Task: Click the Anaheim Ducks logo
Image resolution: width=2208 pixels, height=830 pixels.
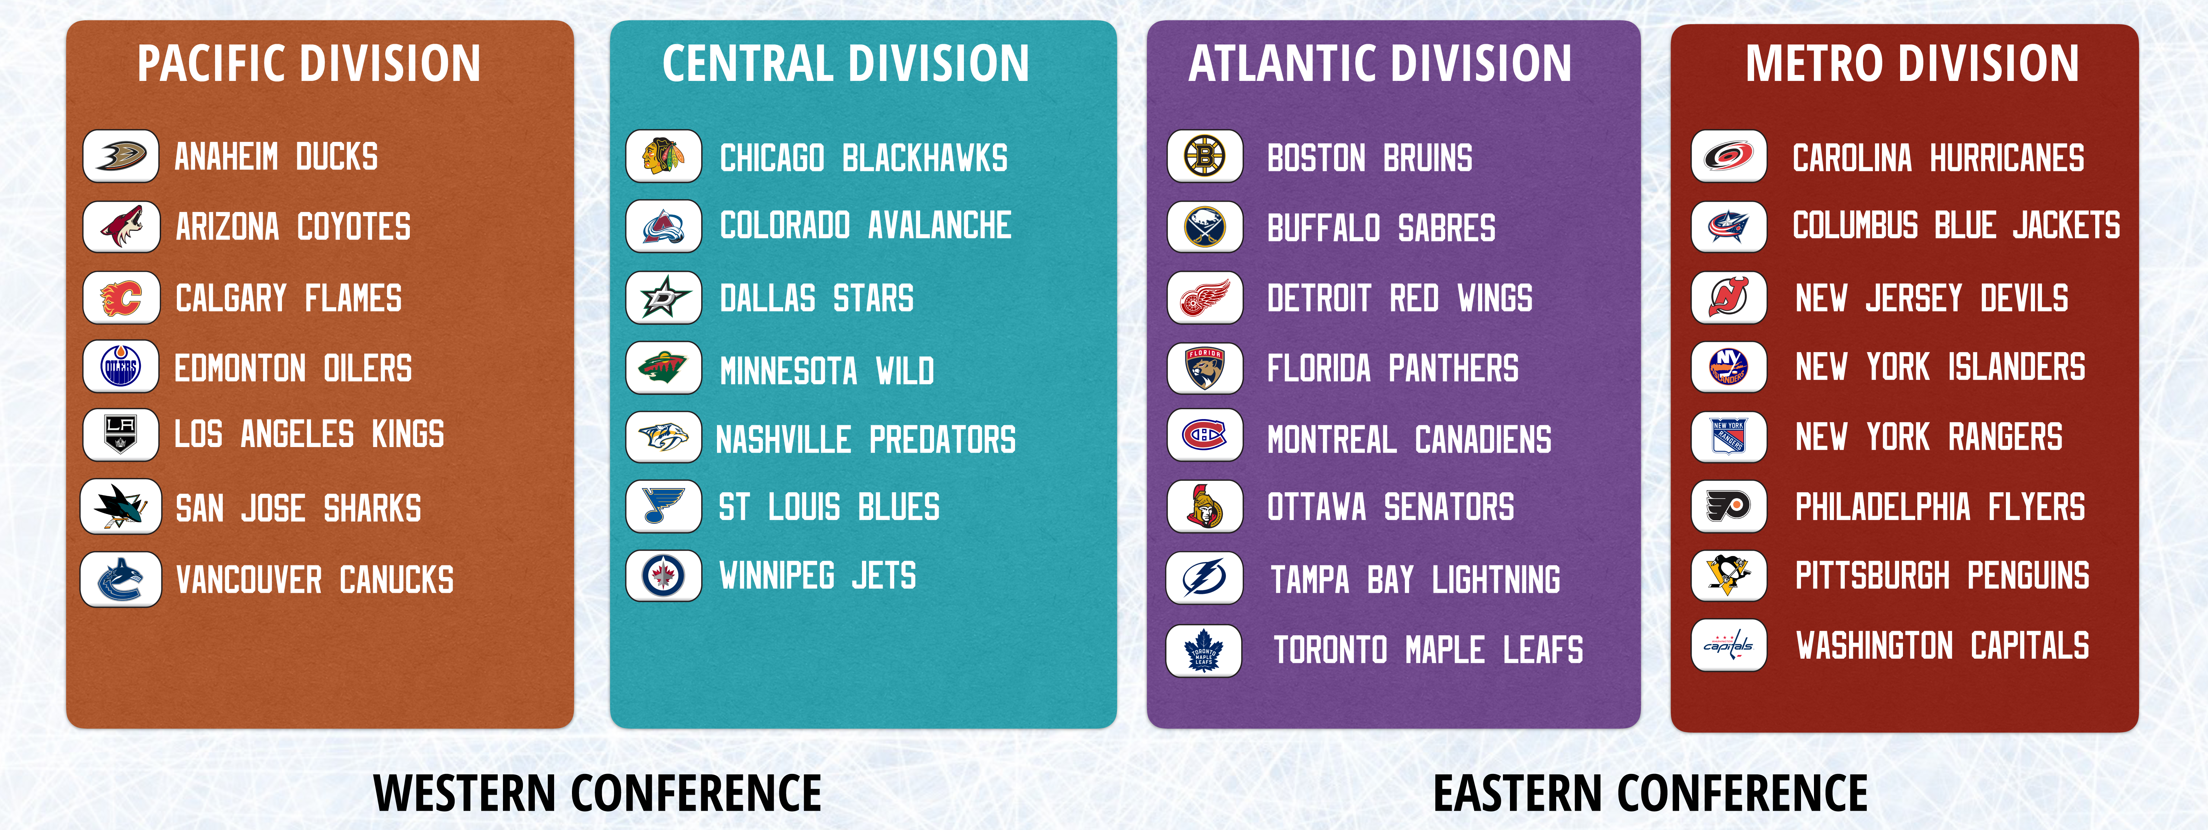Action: pyautogui.click(x=121, y=156)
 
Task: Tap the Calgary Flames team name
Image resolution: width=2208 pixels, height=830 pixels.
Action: pyautogui.click(x=289, y=299)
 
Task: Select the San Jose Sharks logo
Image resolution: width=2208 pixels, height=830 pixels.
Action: pyautogui.click(x=121, y=507)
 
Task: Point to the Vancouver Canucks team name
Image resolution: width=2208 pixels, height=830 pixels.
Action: pyautogui.click(x=315, y=579)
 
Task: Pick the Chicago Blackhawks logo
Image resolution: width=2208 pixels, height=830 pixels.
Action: pyautogui.click(x=663, y=156)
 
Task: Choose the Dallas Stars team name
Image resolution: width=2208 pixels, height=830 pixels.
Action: pyautogui.click(x=817, y=299)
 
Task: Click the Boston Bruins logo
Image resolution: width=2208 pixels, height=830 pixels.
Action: pyautogui.click(x=1205, y=156)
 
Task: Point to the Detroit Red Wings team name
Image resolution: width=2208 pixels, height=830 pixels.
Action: pyautogui.click(x=1400, y=299)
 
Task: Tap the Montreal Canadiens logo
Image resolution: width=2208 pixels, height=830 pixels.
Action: pyautogui.click(x=1205, y=435)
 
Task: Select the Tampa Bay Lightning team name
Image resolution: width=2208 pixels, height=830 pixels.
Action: pyautogui.click(x=1415, y=579)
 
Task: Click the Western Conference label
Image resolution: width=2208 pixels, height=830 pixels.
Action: pyautogui.click(x=598, y=793)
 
